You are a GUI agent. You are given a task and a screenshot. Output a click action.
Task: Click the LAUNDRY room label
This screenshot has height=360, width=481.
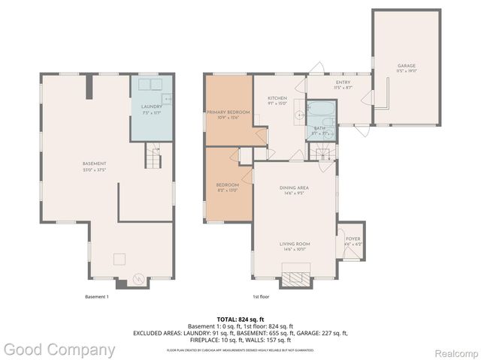(x=152, y=107)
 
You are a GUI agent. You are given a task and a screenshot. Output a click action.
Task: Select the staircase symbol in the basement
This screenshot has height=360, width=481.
(x=155, y=159)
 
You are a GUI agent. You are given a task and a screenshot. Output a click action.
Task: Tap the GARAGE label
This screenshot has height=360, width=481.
(x=407, y=66)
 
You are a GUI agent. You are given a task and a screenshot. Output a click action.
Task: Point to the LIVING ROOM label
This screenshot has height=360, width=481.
(x=295, y=244)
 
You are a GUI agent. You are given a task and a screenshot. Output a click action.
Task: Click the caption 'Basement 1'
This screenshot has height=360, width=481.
(x=97, y=296)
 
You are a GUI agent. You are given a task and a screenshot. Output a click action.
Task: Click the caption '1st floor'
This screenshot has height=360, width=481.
(x=262, y=296)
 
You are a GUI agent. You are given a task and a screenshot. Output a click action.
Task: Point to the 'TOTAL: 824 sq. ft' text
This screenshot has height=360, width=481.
(x=240, y=319)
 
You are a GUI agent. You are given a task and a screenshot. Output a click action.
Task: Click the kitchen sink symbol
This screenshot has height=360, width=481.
(x=300, y=115)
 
